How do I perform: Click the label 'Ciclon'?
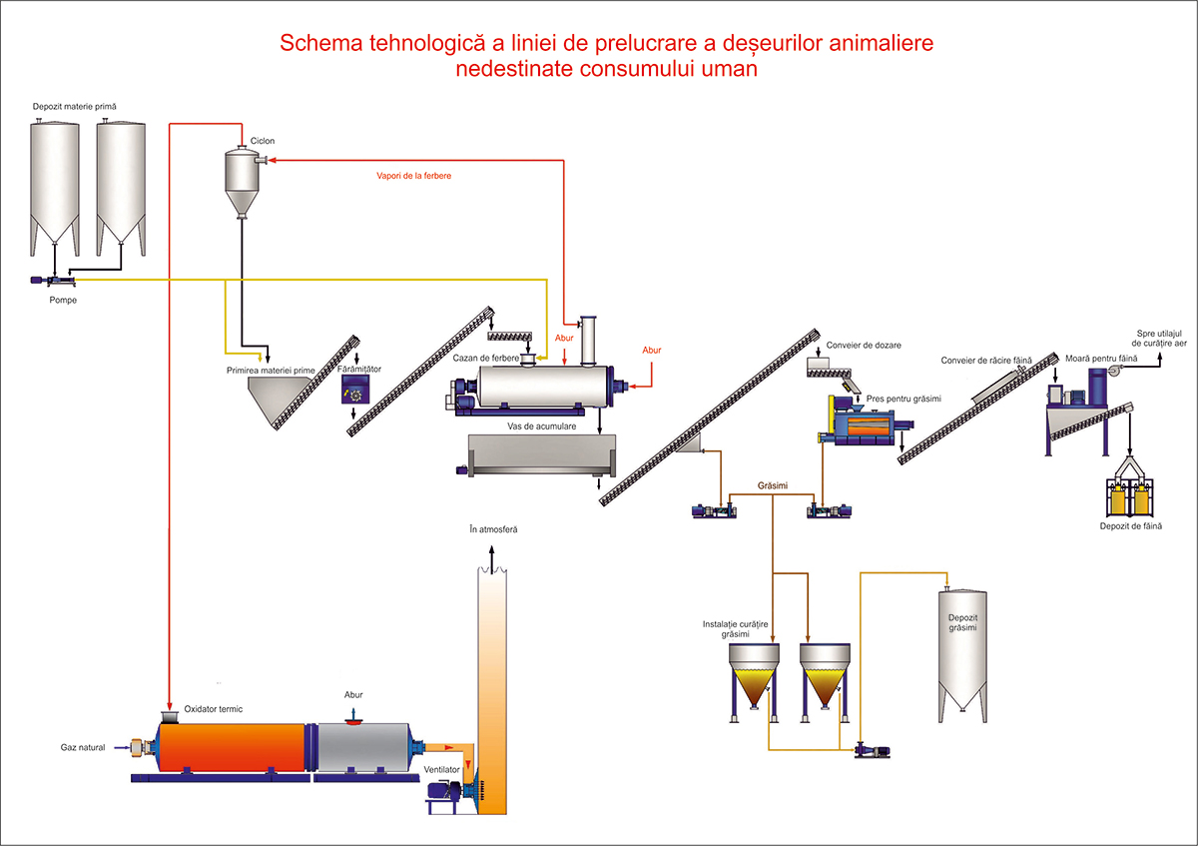point(262,141)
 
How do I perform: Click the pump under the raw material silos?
point(50,281)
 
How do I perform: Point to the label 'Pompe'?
point(63,300)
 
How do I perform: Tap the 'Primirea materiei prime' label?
point(270,370)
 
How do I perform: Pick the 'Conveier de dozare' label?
point(864,346)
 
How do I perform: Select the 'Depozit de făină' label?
point(1130,526)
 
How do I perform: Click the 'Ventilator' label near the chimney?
point(441,770)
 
